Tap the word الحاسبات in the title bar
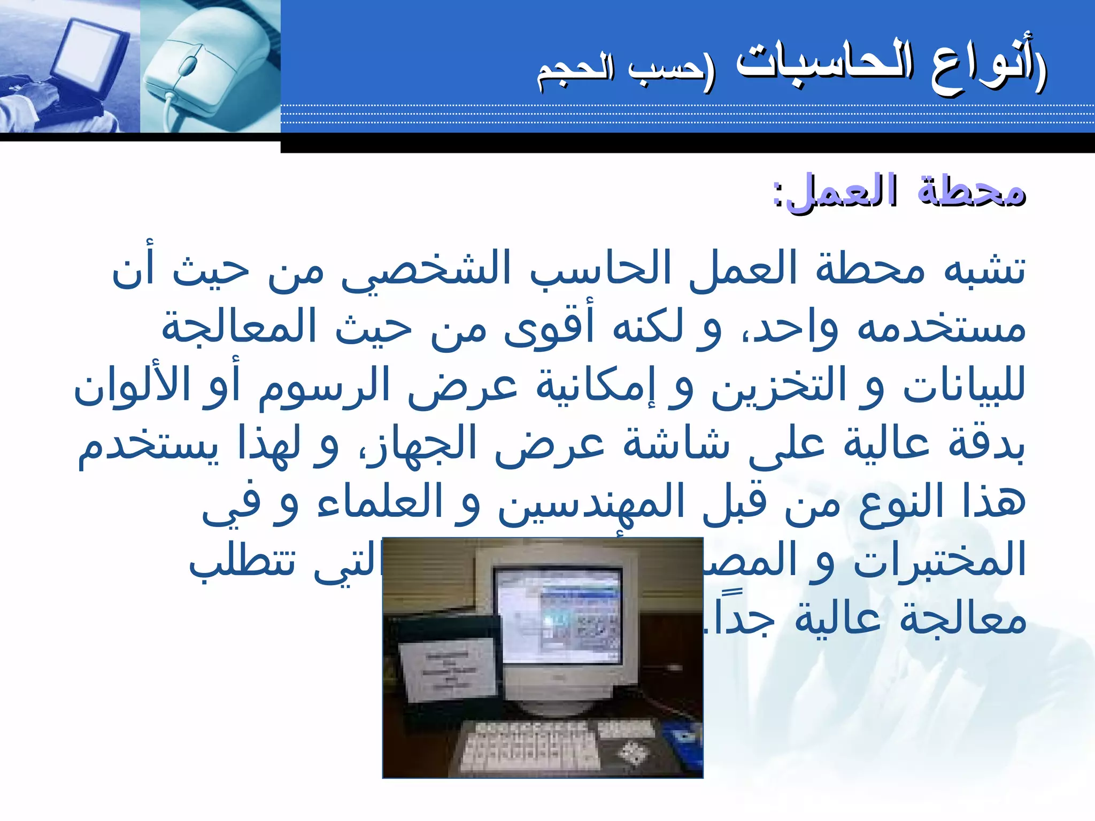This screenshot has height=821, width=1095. [x=823, y=67]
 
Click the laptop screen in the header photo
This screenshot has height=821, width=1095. [x=91, y=51]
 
